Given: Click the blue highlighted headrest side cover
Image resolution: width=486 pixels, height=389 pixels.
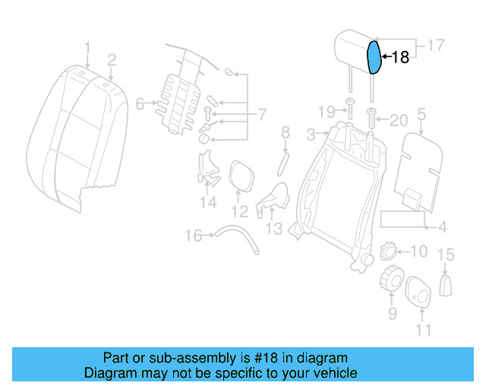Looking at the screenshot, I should click(374, 58).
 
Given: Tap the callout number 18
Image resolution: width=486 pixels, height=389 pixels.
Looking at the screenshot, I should click(399, 57).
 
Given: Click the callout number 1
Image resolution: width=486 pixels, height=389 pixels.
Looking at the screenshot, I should click(87, 49).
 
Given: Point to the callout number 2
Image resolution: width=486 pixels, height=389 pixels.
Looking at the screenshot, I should click(112, 59).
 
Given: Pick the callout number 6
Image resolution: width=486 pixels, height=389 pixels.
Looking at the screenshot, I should click(140, 104).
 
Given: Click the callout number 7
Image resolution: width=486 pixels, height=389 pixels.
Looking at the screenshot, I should click(261, 115).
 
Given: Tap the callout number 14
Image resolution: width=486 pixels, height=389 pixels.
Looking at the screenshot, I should click(208, 202).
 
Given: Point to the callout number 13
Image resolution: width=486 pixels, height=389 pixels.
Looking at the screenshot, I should click(273, 228).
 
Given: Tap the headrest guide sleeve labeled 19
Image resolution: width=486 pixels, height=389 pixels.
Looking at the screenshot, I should click(350, 105).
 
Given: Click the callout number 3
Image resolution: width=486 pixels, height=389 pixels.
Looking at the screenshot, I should click(311, 135).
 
